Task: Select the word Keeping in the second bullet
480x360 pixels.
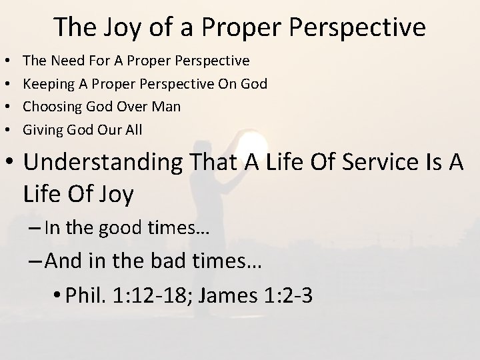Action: (x=45, y=84)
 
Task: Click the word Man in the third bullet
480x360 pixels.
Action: (x=167, y=107)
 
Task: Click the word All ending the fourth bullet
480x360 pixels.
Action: (x=133, y=129)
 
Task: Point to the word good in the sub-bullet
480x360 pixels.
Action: (x=122, y=229)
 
